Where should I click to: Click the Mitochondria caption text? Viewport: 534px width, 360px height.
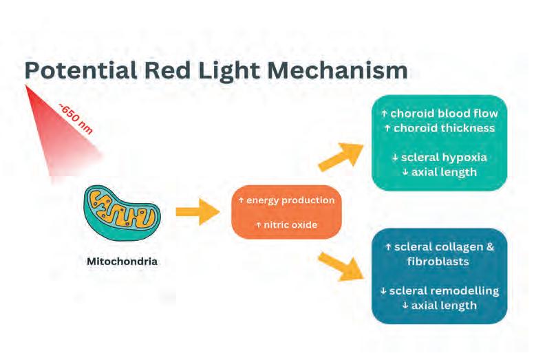tap(122, 262)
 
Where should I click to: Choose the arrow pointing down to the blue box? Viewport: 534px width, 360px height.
tap(341, 265)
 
